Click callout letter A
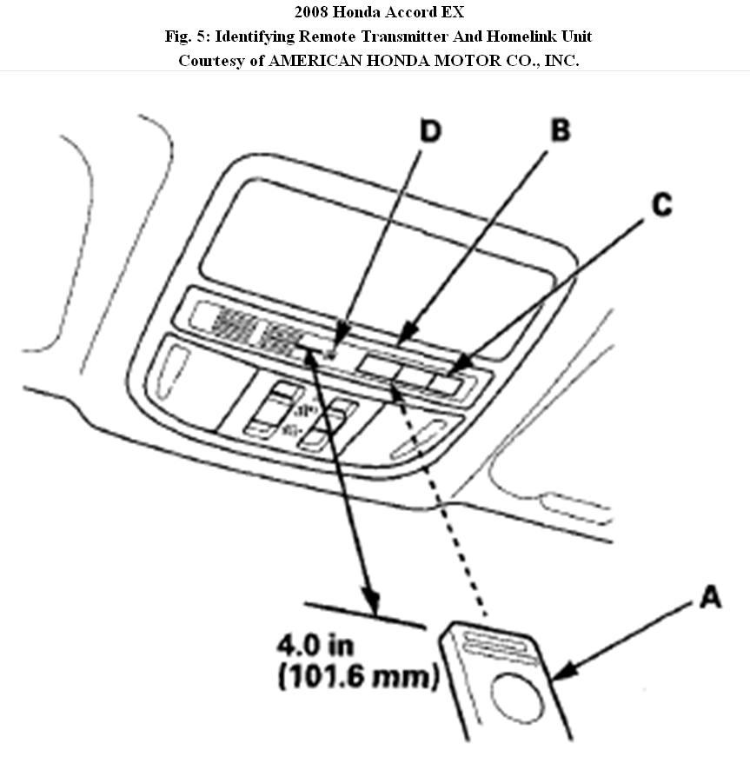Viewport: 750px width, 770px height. [710, 598]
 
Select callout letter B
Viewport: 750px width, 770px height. [560, 131]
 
